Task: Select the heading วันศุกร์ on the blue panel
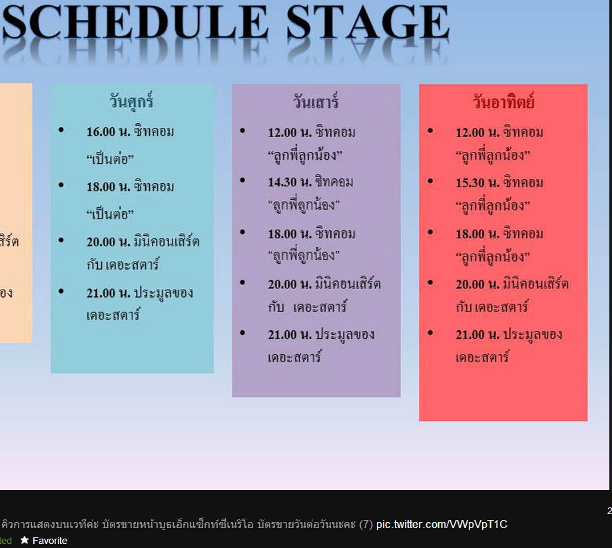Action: tap(131, 101)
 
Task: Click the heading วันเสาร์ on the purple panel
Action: tap(316, 101)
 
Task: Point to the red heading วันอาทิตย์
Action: tap(503, 101)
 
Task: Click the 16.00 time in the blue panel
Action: tap(101, 132)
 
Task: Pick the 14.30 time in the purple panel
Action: tap(282, 182)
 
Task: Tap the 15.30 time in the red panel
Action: tap(470, 182)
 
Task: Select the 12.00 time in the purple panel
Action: tap(282, 133)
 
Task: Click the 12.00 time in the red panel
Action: tap(470, 133)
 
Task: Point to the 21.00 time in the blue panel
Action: tap(101, 293)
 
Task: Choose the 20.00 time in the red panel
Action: tap(470, 284)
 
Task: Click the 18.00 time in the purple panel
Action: tap(282, 234)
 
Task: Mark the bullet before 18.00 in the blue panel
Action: tap(61, 185)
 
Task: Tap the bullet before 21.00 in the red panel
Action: tap(430, 332)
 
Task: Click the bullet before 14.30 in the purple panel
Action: tap(242, 180)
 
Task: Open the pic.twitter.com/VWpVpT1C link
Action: tap(442, 524)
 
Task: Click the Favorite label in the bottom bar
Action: tap(50, 541)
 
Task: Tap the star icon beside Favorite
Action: tap(25, 540)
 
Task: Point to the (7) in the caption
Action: tap(366, 524)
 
